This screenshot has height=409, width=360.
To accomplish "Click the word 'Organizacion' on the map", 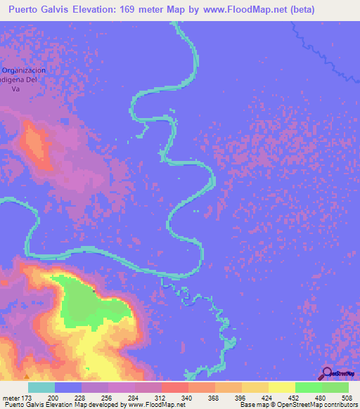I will pos(25,70).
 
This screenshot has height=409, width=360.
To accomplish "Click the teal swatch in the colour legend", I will pos(41,387).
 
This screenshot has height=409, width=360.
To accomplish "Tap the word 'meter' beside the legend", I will pos(10,398).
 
